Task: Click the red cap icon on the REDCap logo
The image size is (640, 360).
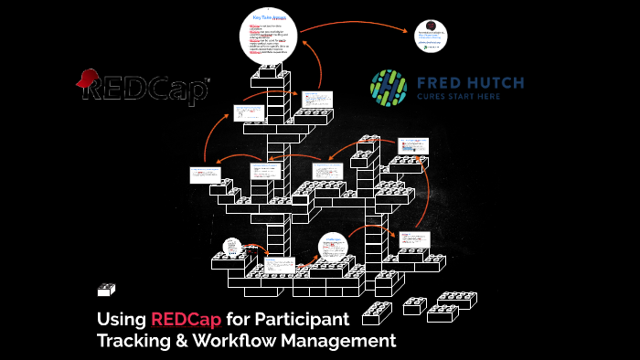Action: (90, 79)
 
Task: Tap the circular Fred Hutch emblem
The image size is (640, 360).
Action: (389, 86)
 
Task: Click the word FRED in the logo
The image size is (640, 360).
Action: (439, 83)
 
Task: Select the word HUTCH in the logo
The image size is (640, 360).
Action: (493, 83)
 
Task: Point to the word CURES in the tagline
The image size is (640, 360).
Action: (433, 96)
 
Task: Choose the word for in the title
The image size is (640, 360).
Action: (237, 322)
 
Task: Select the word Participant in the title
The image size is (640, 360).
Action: (304, 322)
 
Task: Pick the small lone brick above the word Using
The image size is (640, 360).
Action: (106, 291)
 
